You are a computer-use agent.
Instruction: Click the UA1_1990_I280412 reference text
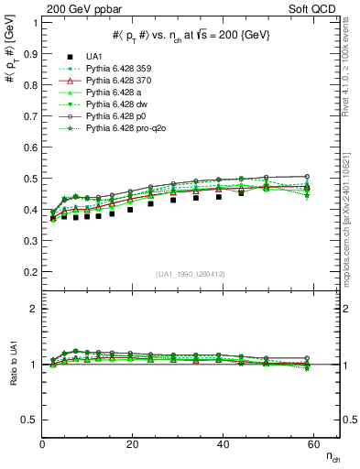[x=190, y=274]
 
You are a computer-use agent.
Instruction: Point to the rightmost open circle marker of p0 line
[x=307, y=176]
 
